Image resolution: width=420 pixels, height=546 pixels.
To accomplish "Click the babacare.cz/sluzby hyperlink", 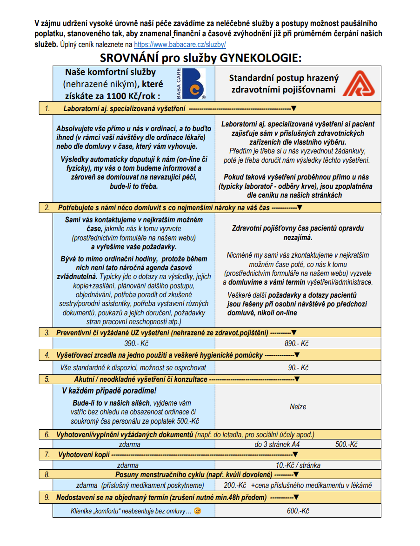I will point(180,45).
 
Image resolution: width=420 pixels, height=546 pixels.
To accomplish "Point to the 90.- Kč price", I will point(298,367).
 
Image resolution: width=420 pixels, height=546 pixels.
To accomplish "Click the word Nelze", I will point(298,406).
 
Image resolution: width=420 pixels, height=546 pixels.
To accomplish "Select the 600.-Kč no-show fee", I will point(298,511).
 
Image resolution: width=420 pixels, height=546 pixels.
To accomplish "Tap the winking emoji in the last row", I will point(198,511).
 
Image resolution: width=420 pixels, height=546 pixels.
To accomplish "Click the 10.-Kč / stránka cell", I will point(298,465).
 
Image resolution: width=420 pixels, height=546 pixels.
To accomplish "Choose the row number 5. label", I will point(47,379).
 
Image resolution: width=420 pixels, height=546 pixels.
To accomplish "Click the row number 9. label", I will point(47,498).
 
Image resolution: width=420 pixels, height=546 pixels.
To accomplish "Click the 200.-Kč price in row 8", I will point(235,486).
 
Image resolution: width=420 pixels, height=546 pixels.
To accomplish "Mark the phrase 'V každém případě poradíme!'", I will point(109,391).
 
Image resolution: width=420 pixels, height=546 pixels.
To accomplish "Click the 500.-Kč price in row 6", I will point(347,445).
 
